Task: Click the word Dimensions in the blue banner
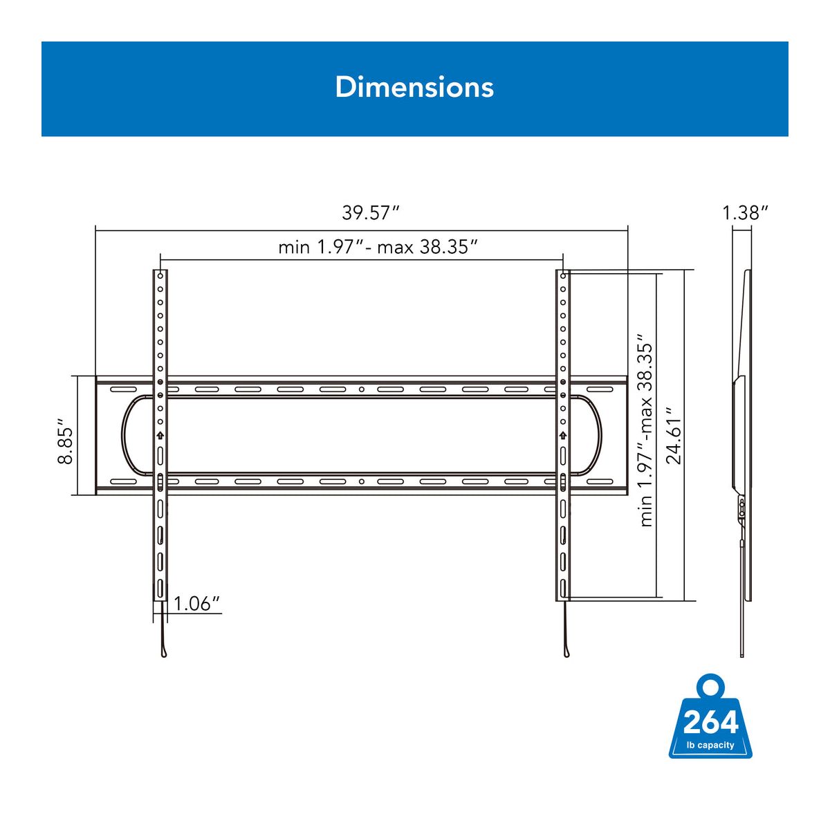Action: pos(414,87)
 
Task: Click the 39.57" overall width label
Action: pos(371,213)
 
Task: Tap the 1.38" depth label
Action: pos(745,213)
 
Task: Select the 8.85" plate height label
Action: pos(66,440)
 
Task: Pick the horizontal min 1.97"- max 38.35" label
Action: pos(378,247)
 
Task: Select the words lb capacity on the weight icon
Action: pos(710,745)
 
